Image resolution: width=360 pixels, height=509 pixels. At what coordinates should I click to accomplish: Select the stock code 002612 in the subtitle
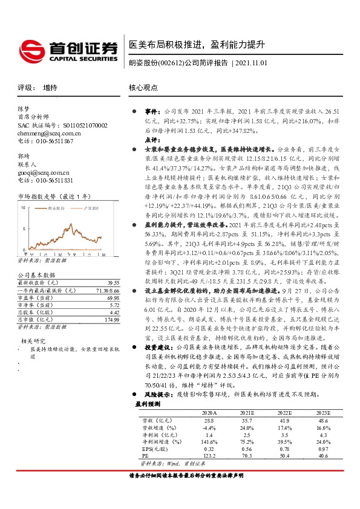coord(170,63)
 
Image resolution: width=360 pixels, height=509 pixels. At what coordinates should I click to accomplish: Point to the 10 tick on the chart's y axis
coord(23,207)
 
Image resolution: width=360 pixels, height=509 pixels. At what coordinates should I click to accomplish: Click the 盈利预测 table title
coord(148,403)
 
